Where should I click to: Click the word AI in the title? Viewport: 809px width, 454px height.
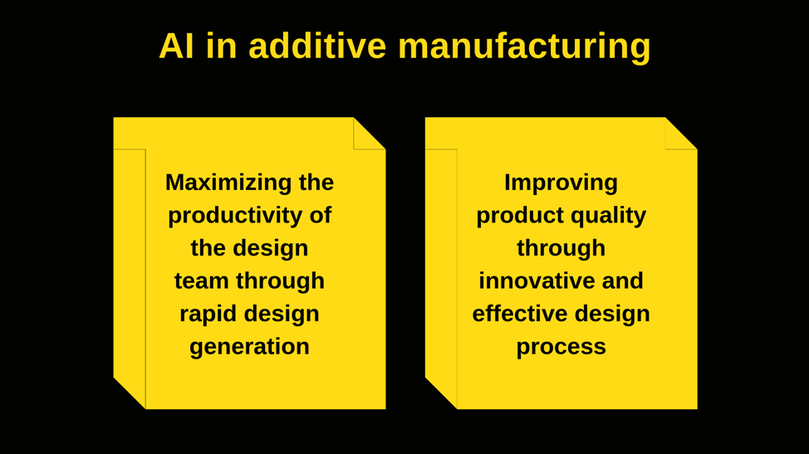[176, 46]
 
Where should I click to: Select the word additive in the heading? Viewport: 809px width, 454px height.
[317, 46]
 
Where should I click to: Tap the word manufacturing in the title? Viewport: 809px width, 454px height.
[524, 47]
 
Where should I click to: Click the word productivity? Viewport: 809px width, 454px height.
[235, 216]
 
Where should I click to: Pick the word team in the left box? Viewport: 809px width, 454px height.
[202, 281]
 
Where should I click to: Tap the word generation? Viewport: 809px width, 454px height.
[250, 347]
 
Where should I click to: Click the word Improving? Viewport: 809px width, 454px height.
[561, 183]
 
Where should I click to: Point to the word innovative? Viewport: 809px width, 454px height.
[535, 281]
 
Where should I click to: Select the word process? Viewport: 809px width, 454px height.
[561, 347]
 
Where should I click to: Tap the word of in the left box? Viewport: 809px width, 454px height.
[321, 215]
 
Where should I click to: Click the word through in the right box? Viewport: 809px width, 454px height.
[561, 249]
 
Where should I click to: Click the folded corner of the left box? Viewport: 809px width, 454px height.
[370, 134]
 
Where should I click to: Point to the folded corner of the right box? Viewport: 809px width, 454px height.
[681, 134]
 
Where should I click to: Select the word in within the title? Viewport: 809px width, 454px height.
[221, 46]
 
